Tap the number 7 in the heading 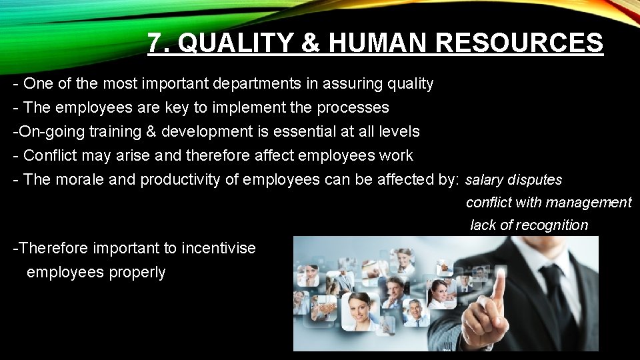155,44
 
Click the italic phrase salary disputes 513,180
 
